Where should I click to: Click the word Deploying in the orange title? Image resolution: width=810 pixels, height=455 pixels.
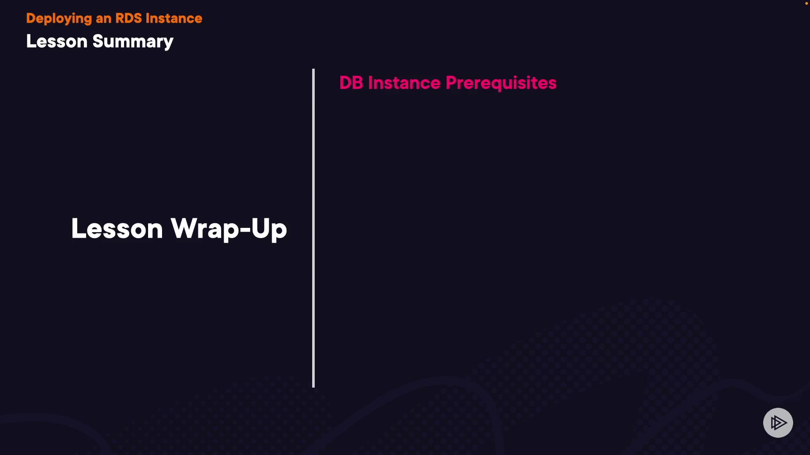click(59, 19)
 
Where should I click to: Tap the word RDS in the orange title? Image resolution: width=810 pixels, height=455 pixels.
click(129, 18)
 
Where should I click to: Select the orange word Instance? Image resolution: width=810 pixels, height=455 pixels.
click(174, 18)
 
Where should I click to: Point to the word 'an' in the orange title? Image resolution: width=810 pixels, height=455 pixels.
click(103, 19)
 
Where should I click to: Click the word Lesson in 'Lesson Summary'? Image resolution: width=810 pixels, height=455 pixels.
click(57, 41)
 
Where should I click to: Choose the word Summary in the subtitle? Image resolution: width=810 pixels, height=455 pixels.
click(133, 42)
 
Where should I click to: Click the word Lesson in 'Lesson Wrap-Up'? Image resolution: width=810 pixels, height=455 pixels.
click(117, 229)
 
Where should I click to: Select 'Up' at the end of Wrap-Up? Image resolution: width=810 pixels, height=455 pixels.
click(269, 230)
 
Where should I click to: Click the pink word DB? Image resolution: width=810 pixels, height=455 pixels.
click(351, 83)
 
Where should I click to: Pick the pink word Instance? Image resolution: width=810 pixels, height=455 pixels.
click(404, 83)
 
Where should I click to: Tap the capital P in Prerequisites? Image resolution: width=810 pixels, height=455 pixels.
click(452, 83)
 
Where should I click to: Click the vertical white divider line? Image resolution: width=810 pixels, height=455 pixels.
click(313, 228)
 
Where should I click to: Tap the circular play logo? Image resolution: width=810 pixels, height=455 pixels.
click(778, 423)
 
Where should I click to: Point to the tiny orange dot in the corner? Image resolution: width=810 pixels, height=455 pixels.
click(806, 3)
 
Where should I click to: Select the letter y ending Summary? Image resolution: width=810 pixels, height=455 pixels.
click(169, 44)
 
